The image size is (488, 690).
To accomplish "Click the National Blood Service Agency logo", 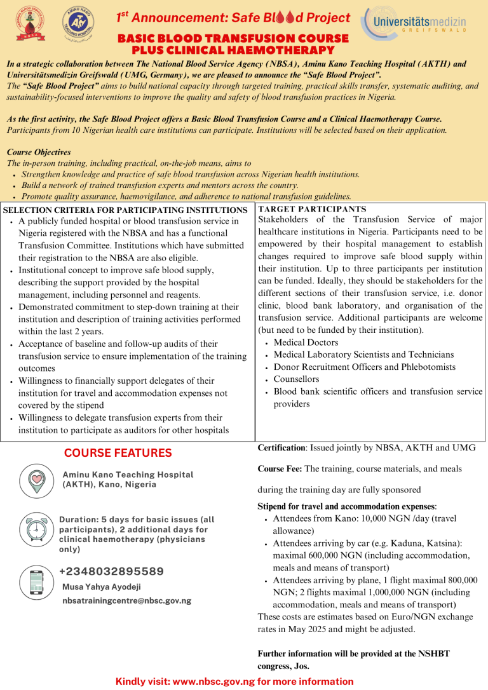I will [28, 26].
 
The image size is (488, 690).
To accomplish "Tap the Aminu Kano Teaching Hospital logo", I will [80, 26].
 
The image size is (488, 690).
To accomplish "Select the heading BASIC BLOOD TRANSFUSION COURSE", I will [233, 39].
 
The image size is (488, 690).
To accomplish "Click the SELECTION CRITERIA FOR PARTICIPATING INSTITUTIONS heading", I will [125, 210].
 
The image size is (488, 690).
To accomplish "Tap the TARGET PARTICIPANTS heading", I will [312, 208].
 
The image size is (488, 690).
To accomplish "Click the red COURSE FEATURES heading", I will [118, 453].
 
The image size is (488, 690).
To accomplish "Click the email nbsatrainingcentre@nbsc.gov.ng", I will [126, 600].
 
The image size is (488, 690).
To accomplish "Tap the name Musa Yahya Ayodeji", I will [102, 587].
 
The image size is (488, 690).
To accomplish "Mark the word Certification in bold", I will [281, 448].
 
